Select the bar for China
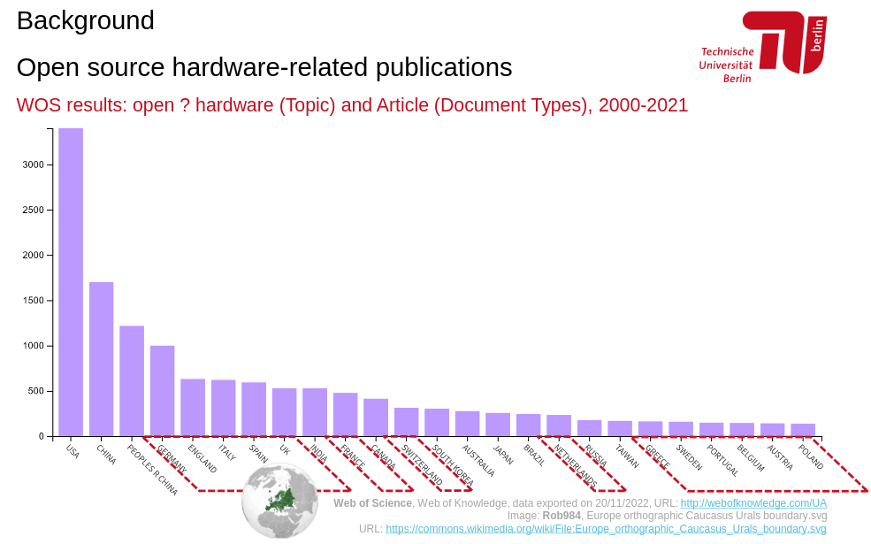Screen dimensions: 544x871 click(101, 358)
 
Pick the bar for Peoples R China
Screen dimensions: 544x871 click(132, 380)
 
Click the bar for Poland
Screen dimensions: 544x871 click(803, 430)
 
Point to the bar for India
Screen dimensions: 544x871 click(315, 412)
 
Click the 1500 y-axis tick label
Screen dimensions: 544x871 click(32, 301)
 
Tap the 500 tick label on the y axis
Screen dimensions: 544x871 click(34, 391)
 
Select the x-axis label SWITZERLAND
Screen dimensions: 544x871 click(422, 464)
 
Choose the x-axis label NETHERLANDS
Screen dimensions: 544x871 click(575, 466)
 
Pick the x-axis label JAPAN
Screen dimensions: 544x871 click(502, 454)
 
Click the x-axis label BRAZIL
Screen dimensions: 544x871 click(533, 456)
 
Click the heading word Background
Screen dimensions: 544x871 click(85, 20)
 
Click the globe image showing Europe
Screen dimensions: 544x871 click(280, 500)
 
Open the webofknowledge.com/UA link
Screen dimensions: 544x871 click(753, 503)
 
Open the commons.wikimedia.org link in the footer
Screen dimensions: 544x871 click(606, 529)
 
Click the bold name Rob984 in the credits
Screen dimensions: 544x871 click(562, 516)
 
